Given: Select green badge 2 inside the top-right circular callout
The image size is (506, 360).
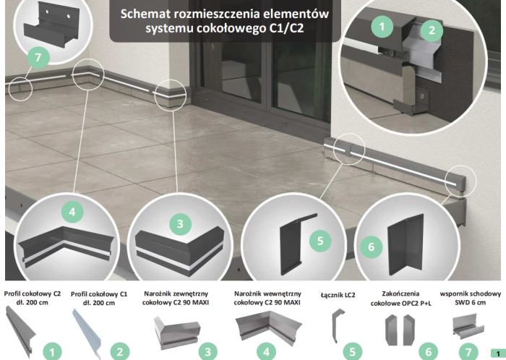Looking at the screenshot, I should pos(432,30).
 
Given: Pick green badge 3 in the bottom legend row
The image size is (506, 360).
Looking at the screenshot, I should pos(207,351).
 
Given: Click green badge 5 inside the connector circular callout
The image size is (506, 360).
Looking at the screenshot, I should pos(321,239).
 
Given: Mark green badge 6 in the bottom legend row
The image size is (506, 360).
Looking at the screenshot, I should pos(428,351).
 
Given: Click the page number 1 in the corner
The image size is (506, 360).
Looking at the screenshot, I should pos(497,352).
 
